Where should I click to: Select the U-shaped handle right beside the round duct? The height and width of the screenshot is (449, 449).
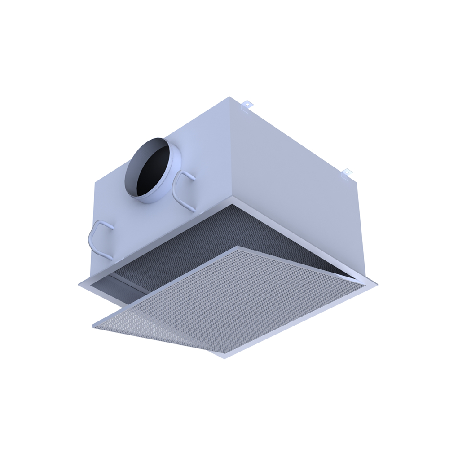tap(182, 191)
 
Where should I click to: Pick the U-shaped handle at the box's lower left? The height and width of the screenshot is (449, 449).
tap(100, 240)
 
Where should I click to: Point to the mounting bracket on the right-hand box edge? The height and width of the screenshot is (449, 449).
tap(346, 173)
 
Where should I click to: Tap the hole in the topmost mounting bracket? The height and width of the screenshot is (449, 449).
tap(246, 104)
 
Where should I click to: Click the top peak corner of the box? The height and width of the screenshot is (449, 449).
tap(230, 97)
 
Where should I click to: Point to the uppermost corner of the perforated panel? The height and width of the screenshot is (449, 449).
tap(238, 247)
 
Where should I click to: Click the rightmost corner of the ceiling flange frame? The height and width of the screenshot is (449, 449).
tap(376, 285)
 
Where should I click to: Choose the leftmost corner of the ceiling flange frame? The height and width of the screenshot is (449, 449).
tap(79, 284)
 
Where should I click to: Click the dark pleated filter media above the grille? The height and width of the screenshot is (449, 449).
tap(216, 242)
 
